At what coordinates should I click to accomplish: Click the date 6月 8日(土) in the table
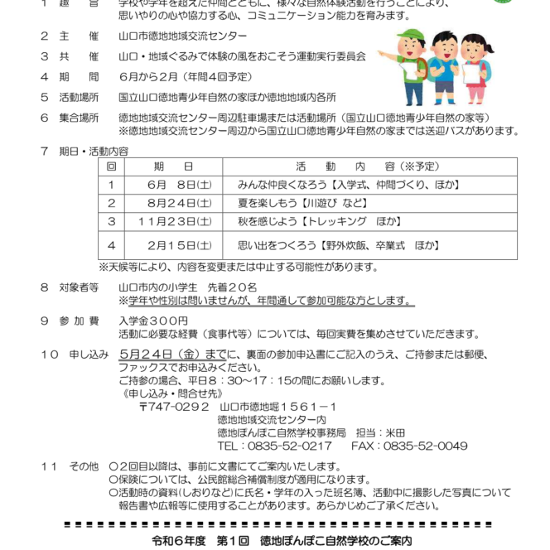pos(169,185)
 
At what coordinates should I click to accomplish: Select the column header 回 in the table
pos(111,166)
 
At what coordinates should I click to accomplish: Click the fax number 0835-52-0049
pos(427,445)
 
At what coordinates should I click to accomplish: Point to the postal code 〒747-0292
pos(174,407)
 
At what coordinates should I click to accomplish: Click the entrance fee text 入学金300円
pos(153,321)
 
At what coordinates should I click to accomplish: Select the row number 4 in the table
pos(111,245)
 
